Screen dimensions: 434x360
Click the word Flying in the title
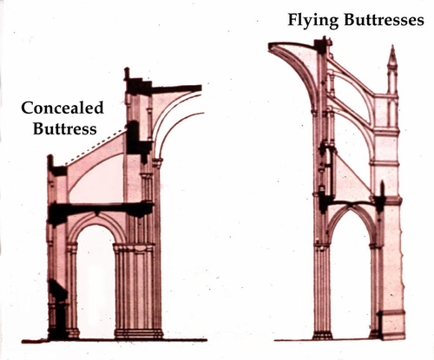[312, 20]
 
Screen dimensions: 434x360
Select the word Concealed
[62, 108]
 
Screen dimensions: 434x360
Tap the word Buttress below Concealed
[65, 128]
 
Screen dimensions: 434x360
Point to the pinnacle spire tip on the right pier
[392, 46]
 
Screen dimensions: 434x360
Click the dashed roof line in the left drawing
[95, 147]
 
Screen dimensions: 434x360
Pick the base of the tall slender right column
[322, 336]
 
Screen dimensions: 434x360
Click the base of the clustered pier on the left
[139, 333]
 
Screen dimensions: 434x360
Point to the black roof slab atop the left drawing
[176, 88]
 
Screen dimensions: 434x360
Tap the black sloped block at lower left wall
[58, 289]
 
